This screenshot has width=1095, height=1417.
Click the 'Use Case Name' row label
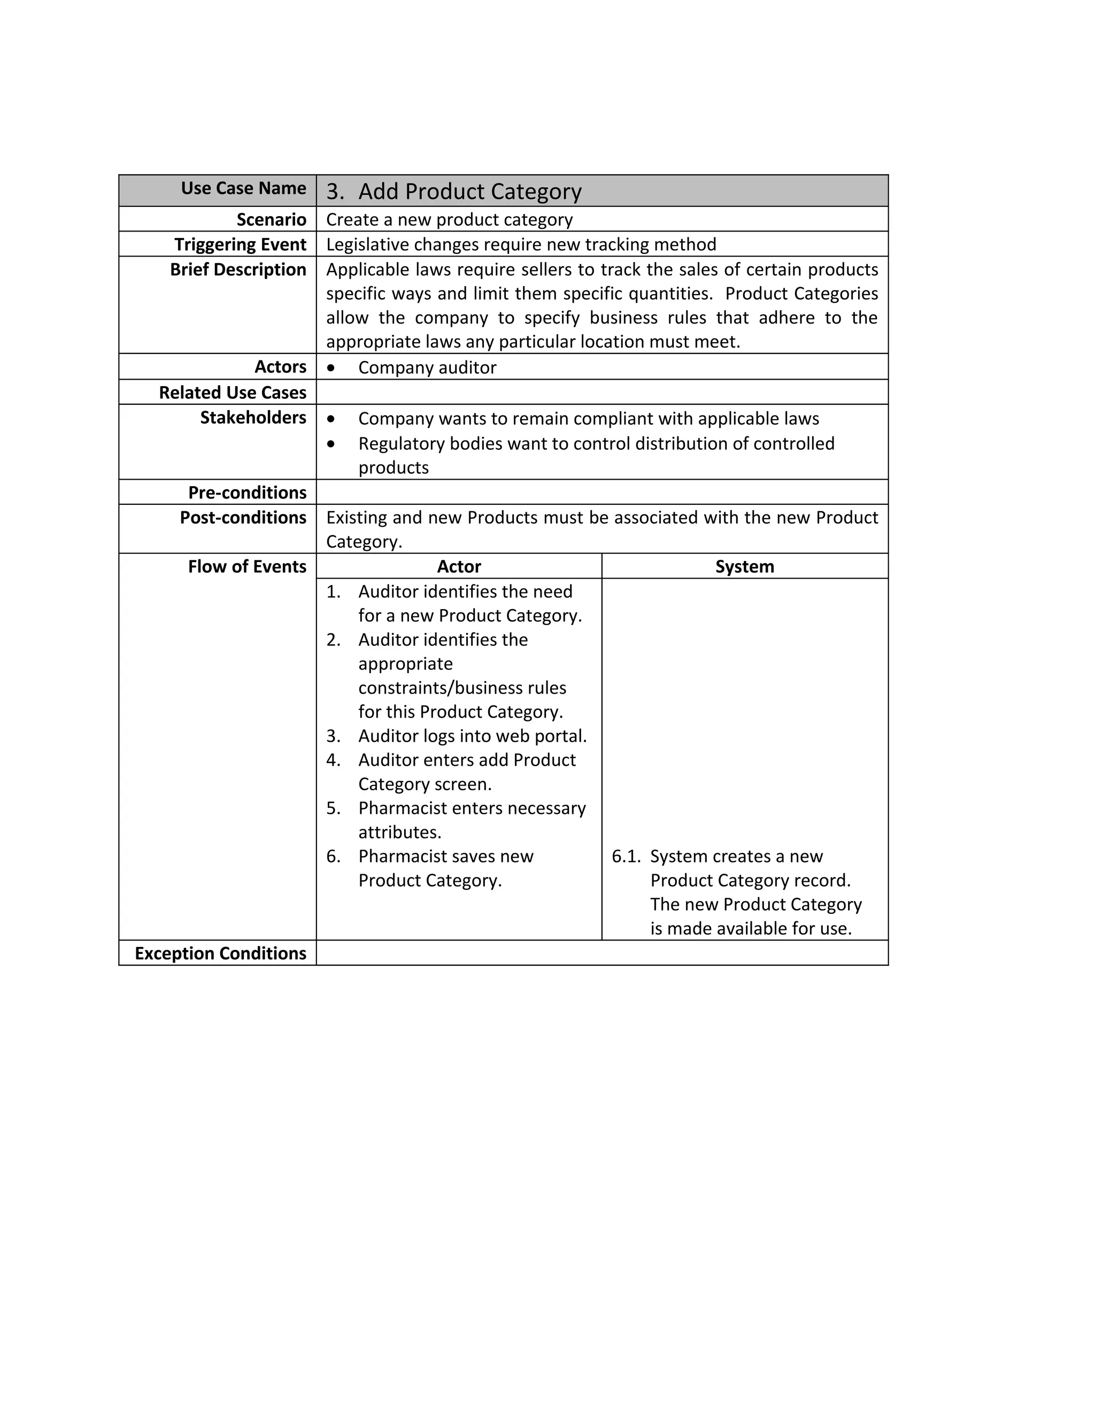coord(243,188)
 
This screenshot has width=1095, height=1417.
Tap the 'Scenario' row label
coord(271,219)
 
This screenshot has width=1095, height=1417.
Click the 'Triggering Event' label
coord(240,244)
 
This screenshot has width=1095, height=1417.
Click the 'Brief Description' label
coord(237,269)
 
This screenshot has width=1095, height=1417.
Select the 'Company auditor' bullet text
coord(427,367)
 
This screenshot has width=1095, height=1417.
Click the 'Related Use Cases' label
coord(232,392)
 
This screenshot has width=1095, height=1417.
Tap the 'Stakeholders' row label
coord(252,417)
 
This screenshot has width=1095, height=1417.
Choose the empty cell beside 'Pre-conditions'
coord(602,492)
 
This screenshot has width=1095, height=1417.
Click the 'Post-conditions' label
coord(243,518)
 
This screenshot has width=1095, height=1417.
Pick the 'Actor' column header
coord(459,566)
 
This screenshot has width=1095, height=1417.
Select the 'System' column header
coord(744,566)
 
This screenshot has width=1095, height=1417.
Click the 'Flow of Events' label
coord(246,566)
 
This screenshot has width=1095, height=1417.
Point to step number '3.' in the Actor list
coord(334,736)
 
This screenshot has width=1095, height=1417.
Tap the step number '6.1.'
coord(626,857)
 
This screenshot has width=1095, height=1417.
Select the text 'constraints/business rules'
coord(462,688)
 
